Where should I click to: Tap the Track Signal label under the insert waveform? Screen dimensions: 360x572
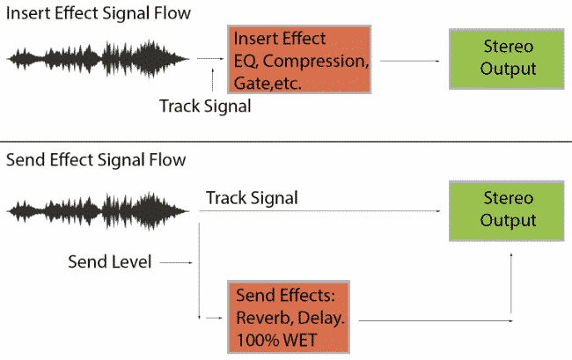coord(205,107)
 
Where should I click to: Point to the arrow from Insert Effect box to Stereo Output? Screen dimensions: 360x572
coord(412,61)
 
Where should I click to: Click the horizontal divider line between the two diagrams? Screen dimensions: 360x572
coord(286,141)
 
